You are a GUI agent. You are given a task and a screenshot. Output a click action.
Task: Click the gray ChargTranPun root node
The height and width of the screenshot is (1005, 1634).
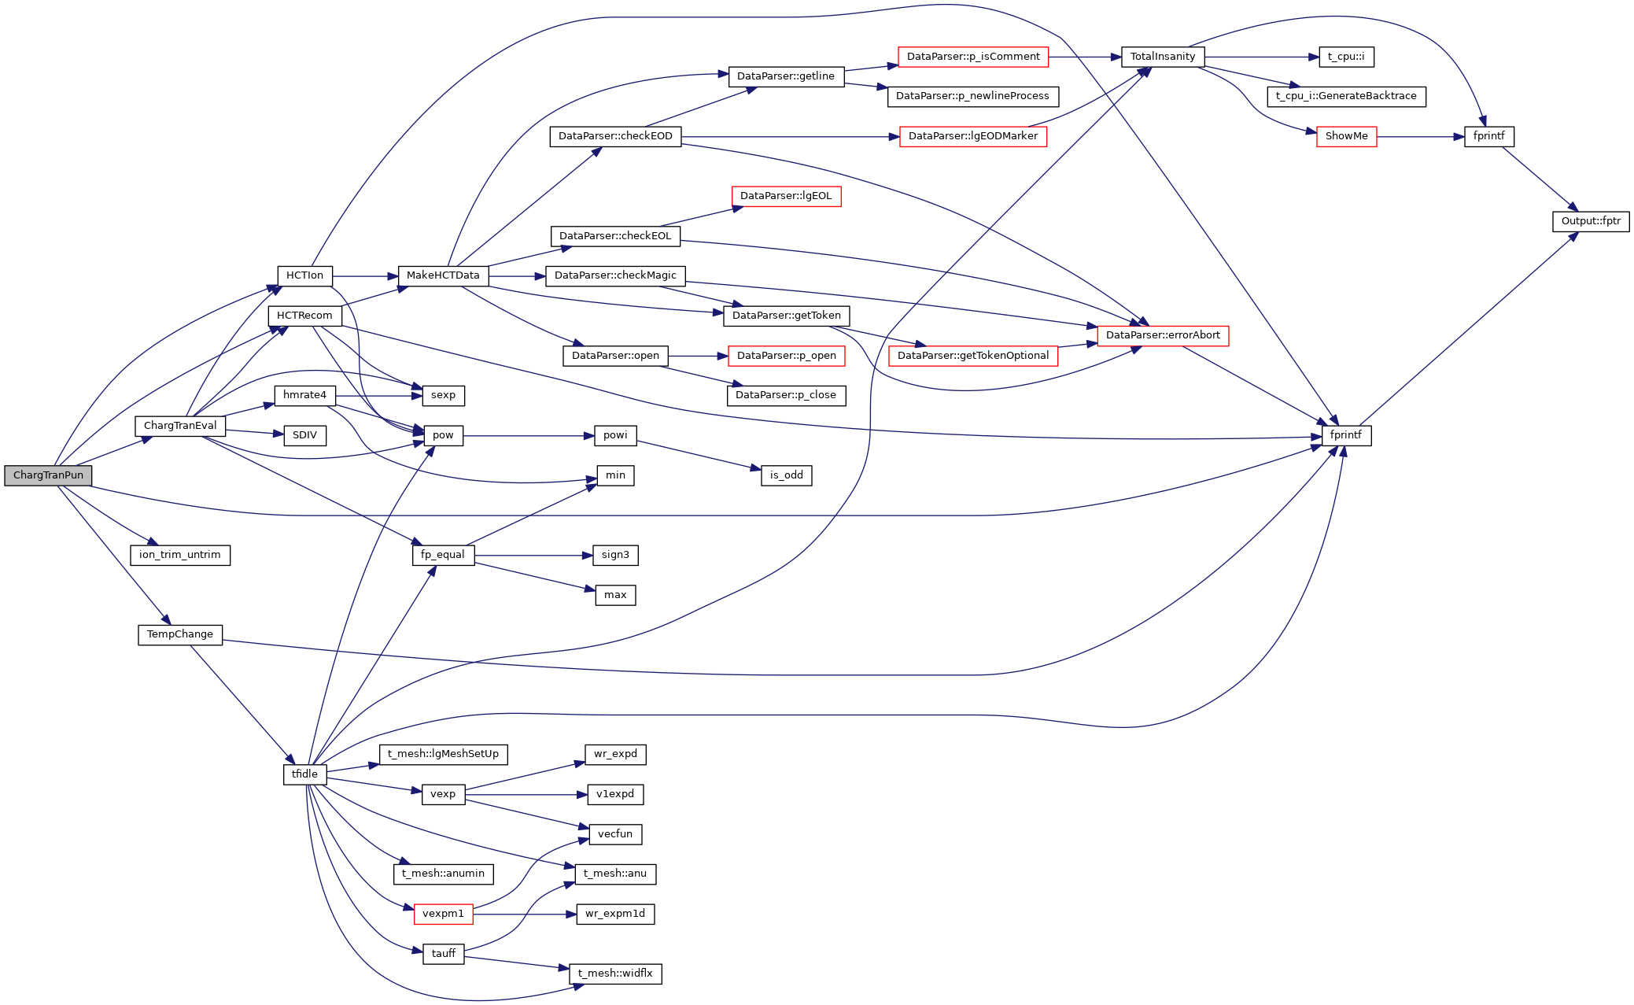48,475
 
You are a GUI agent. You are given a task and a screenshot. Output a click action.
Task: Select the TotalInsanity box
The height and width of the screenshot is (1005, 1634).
1162,57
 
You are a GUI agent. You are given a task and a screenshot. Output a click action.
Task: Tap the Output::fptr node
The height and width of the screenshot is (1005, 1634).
1590,221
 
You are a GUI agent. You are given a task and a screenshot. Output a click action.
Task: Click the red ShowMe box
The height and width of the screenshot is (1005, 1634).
1346,136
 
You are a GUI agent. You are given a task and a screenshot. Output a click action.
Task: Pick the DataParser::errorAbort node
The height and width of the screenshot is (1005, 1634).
1162,335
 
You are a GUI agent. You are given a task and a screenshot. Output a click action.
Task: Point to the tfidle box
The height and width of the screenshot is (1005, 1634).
304,774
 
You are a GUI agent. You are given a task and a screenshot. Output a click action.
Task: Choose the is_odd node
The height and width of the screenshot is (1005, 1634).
786,475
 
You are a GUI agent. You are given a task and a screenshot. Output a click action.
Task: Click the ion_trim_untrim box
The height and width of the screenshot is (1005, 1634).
179,555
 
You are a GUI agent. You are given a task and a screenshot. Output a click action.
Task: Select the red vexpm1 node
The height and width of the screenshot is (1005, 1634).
443,914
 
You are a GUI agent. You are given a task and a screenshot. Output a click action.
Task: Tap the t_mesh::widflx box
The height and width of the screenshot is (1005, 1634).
615,974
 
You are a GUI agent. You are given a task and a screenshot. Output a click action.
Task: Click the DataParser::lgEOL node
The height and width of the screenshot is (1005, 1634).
785,196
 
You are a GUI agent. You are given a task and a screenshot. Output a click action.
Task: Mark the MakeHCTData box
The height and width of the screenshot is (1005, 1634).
443,275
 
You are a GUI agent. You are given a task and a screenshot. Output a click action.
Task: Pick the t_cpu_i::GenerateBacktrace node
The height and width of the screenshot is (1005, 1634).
1345,96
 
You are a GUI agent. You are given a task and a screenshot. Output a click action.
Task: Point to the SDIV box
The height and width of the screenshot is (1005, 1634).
304,435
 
